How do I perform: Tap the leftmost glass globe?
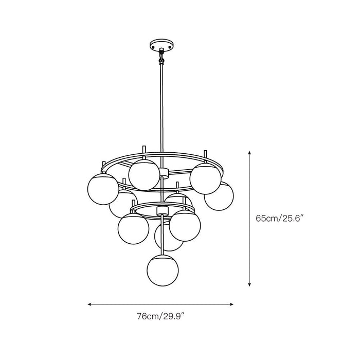click(102, 187)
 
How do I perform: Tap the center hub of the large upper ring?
click(163, 171)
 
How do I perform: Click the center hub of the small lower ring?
click(163, 209)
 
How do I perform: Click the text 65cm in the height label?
click(266, 218)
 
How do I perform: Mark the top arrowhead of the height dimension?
click(250, 153)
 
